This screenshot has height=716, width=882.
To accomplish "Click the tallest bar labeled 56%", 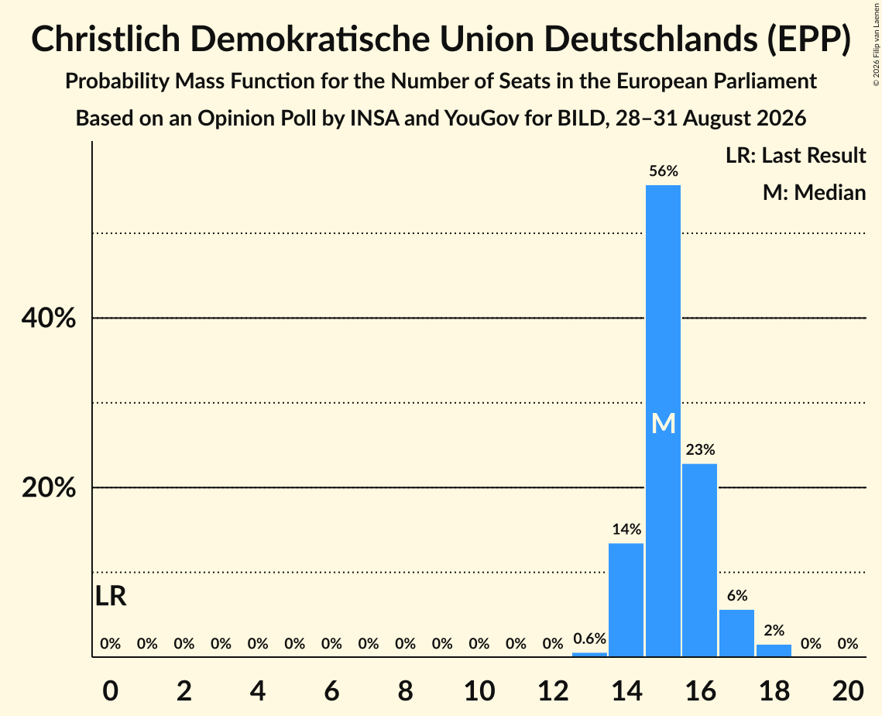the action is click(x=663, y=421).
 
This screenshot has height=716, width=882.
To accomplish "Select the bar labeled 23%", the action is click(x=700, y=560).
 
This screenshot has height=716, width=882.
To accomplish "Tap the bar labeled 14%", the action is click(x=626, y=600).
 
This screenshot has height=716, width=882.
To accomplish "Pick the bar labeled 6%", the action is click(x=737, y=632).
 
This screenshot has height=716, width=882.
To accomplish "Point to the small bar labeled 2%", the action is click(x=774, y=650).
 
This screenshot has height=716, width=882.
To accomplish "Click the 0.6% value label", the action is click(x=589, y=639).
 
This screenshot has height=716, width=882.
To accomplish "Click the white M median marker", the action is click(x=663, y=423).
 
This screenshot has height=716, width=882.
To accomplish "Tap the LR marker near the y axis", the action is click(x=111, y=596).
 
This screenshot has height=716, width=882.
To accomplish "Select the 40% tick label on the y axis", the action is click(x=48, y=318).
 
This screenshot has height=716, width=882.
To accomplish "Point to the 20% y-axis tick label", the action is click(x=48, y=487).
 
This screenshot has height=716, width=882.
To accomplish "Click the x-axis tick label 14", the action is click(x=626, y=690).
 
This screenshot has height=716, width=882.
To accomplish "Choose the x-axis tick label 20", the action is click(x=848, y=690).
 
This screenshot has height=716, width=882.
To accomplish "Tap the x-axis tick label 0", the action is click(x=110, y=690).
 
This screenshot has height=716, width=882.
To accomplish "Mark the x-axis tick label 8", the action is click(x=406, y=690).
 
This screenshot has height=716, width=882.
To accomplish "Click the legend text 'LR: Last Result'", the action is click(x=795, y=155).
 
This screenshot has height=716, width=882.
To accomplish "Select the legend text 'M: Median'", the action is click(x=814, y=192).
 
